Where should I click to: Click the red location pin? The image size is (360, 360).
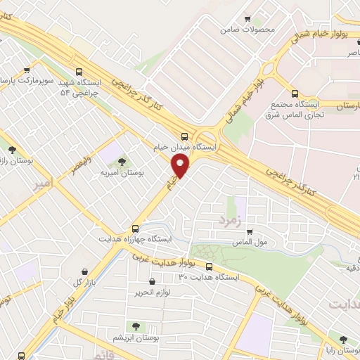[x=181, y=166]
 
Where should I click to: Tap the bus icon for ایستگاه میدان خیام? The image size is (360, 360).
[x=184, y=136]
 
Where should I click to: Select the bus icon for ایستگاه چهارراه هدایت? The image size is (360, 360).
[x=136, y=229]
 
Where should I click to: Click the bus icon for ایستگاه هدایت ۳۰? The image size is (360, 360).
[x=209, y=266]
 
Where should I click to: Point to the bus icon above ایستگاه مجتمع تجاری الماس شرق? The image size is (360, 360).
[x=295, y=94]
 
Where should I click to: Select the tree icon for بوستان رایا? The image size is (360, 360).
[x=343, y=339]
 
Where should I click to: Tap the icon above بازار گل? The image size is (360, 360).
[x=85, y=271]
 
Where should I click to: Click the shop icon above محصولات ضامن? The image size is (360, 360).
[x=247, y=19]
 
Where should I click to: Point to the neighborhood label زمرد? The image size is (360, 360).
[x=229, y=220]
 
